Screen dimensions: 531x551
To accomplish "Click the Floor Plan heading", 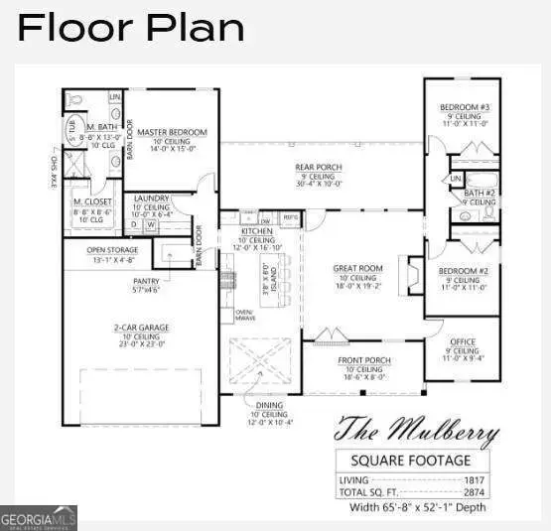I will click(x=131, y=27).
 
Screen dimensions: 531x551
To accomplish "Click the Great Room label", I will click(x=357, y=268).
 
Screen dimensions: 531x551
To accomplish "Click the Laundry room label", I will click(x=152, y=198).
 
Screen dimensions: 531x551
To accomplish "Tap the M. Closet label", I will click(x=89, y=201).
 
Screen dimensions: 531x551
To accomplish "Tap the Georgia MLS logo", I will click(x=38, y=518).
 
